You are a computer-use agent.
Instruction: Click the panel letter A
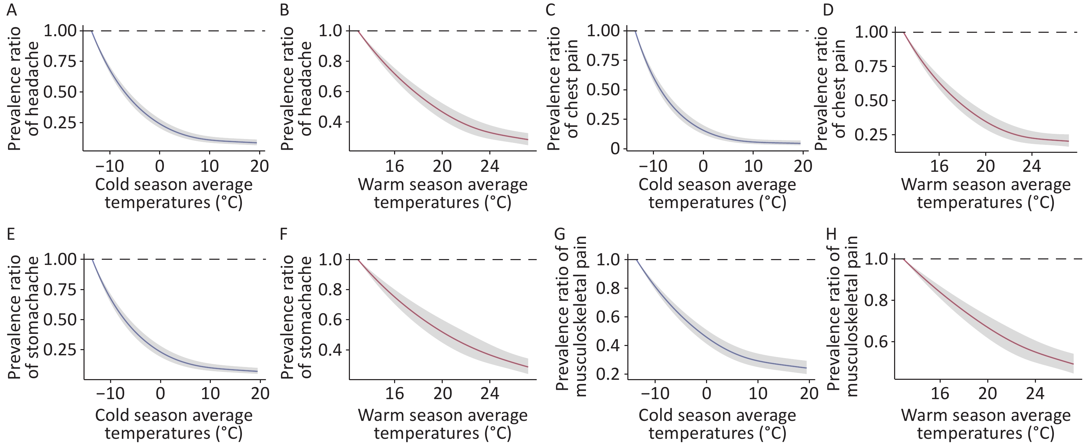[x=12, y=9]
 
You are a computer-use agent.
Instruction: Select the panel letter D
[x=828, y=9]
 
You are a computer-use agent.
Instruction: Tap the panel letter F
[x=284, y=234]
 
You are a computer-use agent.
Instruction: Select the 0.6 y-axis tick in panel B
[x=332, y=92]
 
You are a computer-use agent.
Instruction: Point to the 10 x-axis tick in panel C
[x=753, y=166]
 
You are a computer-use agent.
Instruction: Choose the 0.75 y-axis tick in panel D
[x=873, y=67]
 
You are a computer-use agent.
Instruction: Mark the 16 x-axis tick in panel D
[x=939, y=166]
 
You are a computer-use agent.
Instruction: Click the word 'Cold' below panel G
[x=655, y=415]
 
